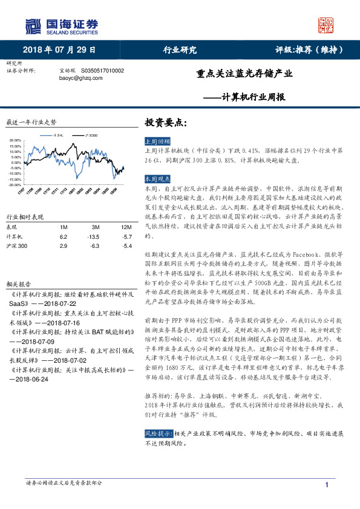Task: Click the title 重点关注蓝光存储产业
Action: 244,75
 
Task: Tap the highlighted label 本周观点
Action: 157,180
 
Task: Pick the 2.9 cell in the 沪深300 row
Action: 63,247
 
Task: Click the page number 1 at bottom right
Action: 327,485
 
